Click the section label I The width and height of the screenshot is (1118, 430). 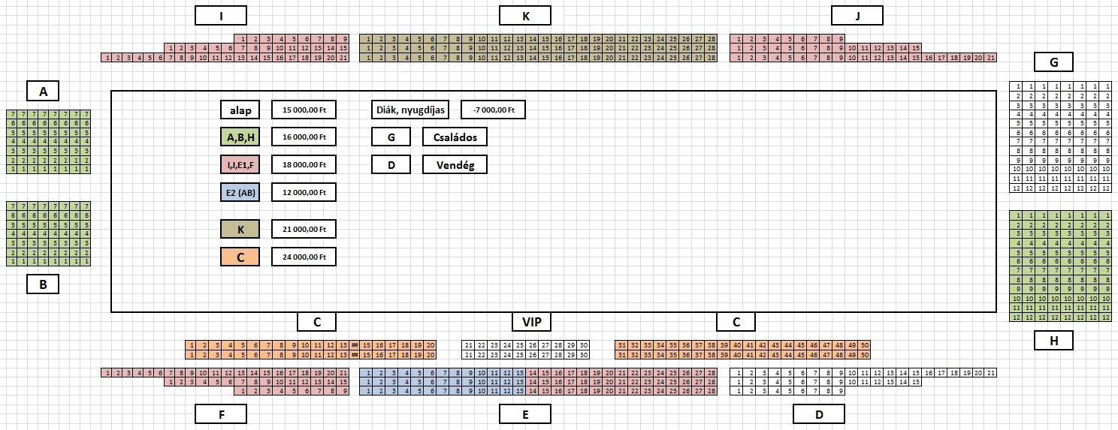point(220,16)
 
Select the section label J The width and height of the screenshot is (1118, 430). point(857,16)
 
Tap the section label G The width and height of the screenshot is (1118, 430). point(1053,62)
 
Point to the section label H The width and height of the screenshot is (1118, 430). point(1053,341)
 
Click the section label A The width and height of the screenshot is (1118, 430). point(44,92)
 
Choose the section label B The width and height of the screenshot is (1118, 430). point(44,284)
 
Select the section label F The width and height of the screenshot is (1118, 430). point(220,413)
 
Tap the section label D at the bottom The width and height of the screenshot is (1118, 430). point(819,413)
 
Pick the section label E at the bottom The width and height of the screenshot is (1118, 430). point(525,413)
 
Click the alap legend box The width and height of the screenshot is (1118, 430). point(240,110)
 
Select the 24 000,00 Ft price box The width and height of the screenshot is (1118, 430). point(304,257)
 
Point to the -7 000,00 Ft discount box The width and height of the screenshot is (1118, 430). point(493,110)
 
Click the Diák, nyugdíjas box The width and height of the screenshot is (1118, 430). point(409,110)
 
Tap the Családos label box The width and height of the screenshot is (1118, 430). point(455,137)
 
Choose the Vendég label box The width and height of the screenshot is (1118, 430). point(455,164)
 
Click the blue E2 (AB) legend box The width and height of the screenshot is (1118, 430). point(240,192)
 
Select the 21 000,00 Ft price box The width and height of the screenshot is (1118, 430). point(304,229)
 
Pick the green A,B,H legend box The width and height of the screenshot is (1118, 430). point(240,137)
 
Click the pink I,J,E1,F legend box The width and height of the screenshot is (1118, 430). point(240,164)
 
